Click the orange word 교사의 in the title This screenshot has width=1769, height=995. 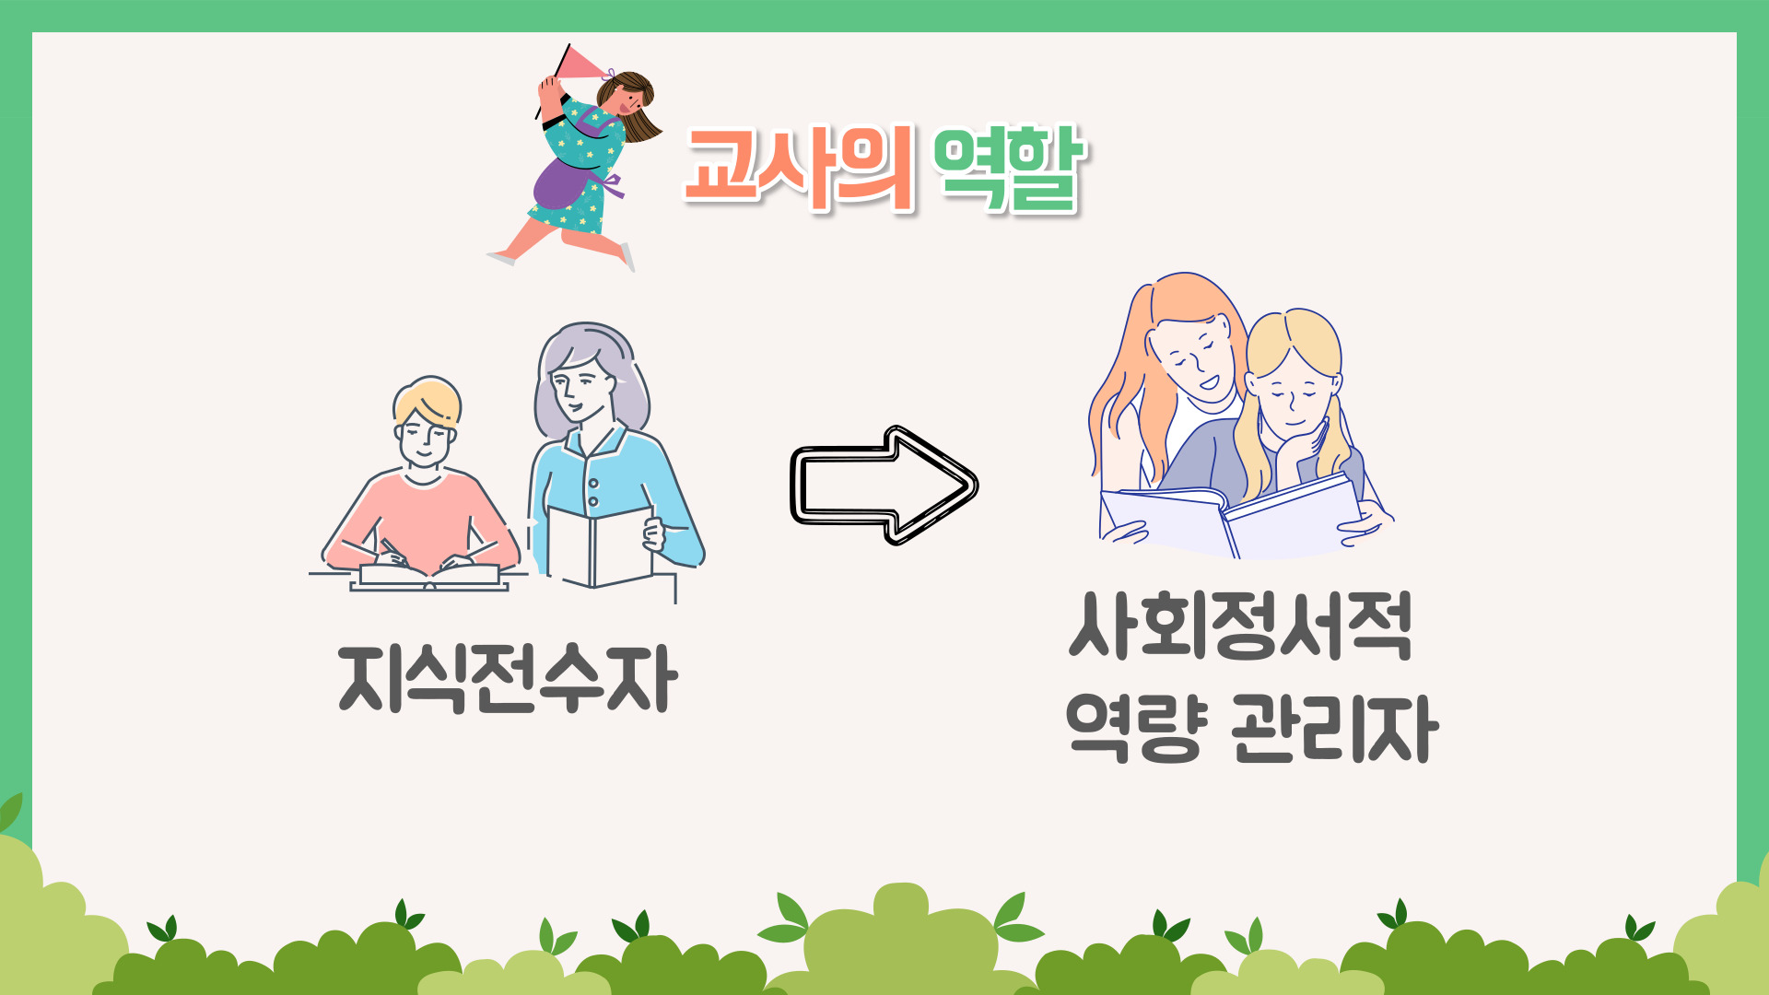click(x=798, y=168)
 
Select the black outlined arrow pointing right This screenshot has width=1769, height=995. click(x=884, y=485)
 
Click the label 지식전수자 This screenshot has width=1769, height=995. click(x=508, y=679)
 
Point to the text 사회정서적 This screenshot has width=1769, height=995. click(x=1240, y=626)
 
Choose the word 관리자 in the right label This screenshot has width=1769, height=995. click(x=1334, y=728)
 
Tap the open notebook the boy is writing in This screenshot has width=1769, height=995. click(x=429, y=577)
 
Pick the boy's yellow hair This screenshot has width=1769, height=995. click(x=428, y=398)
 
